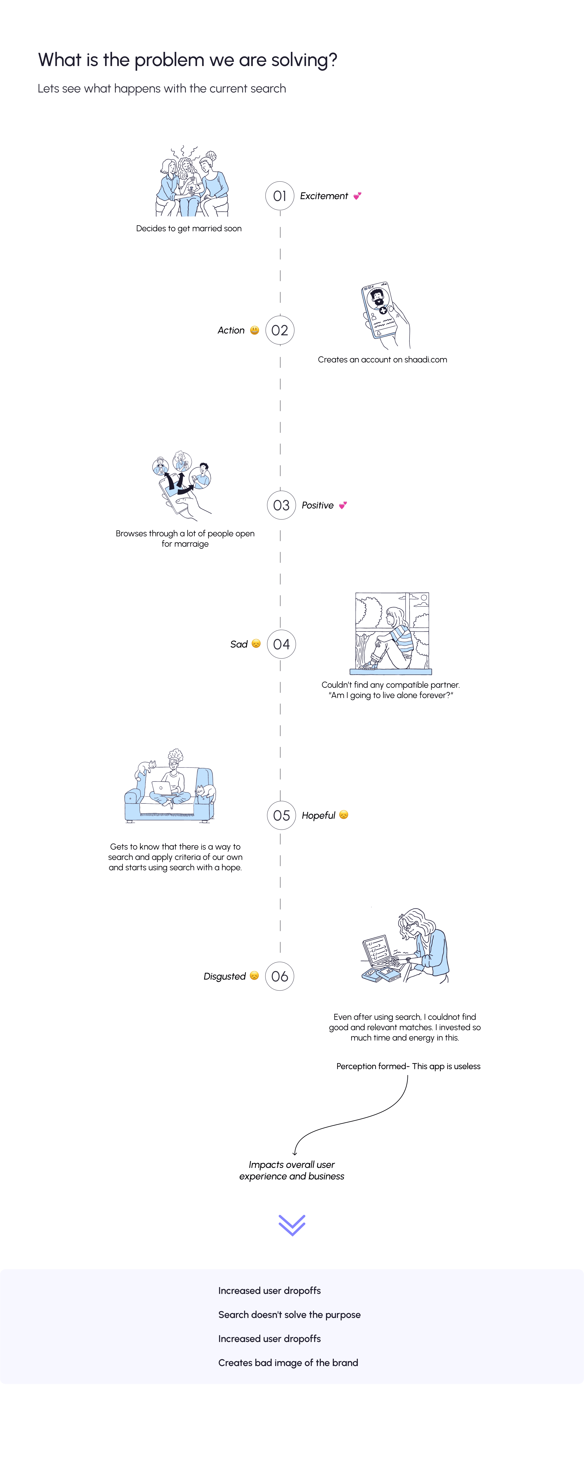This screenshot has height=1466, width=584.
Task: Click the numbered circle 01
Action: coord(280,196)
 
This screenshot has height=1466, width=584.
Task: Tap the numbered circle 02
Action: coord(280,330)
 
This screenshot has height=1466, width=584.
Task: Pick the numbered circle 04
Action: coord(281,644)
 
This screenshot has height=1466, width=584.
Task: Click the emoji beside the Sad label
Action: coord(256,644)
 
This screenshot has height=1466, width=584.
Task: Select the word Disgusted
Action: coord(225,977)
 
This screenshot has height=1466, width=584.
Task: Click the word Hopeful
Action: coord(318,816)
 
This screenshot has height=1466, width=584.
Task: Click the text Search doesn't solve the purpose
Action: coord(289,1315)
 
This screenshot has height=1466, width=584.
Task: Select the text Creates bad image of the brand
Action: coord(288,1362)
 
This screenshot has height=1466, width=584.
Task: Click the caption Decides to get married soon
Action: coord(189,228)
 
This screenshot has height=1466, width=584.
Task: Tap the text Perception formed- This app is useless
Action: coord(408,1066)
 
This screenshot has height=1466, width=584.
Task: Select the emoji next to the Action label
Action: coord(255,330)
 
